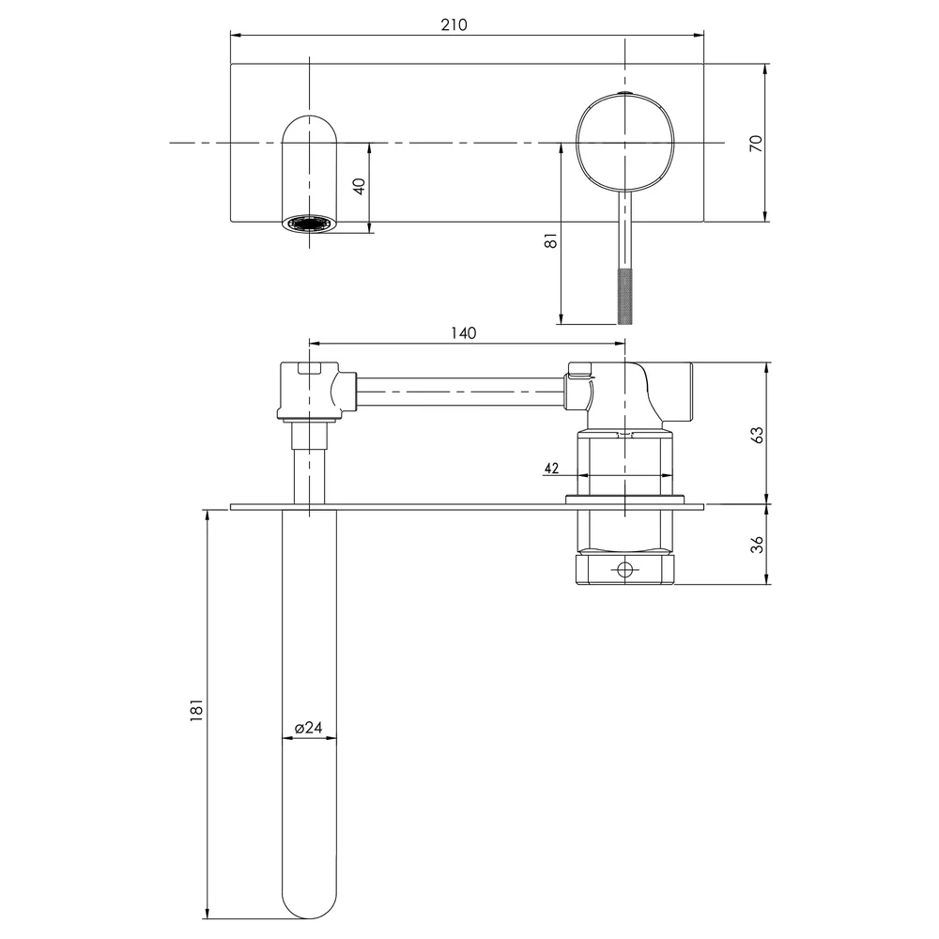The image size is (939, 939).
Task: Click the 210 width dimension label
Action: click(454, 25)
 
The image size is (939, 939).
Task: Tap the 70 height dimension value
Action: click(756, 143)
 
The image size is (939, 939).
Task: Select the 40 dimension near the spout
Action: click(360, 186)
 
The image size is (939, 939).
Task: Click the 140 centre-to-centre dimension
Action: click(463, 333)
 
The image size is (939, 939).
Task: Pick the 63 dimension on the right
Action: click(757, 434)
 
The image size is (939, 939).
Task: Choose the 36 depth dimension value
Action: click(757, 545)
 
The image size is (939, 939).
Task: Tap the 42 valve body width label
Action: click(551, 468)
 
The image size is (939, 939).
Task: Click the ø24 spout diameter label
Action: click(308, 727)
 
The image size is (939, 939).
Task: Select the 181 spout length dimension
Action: click(196, 710)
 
